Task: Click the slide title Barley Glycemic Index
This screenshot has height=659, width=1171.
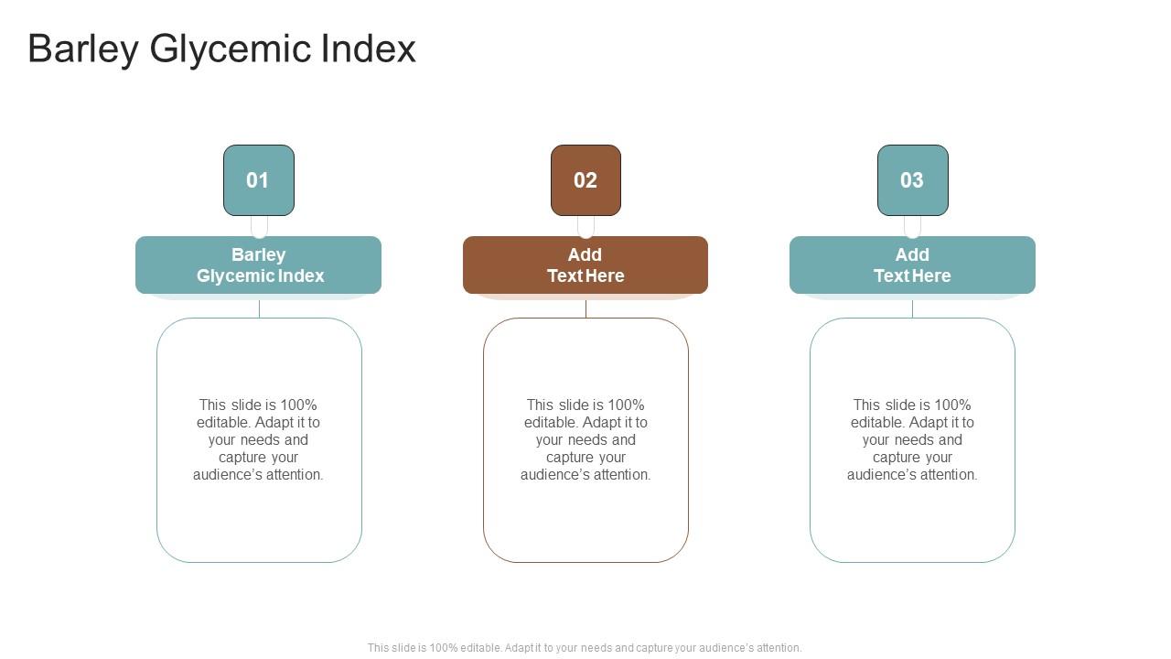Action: click(x=221, y=49)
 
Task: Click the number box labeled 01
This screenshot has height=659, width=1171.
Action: click(x=259, y=180)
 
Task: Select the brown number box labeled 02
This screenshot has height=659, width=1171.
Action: click(x=585, y=180)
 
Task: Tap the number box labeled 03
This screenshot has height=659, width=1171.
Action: click(x=912, y=180)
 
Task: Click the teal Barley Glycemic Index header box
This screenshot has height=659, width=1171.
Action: click(x=259, y=265)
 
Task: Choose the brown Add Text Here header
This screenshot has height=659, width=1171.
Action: click(x=585, y=265)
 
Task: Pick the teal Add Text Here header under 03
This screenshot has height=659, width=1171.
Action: click(x=912, y=265)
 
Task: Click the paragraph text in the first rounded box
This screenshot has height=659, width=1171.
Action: click(x=259, y=439)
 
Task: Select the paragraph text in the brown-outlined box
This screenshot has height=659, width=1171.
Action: click(x=585, y=439)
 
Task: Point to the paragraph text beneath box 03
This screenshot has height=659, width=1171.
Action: click(x=912, y=439)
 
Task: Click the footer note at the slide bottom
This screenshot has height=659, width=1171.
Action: click(x=585, y=647)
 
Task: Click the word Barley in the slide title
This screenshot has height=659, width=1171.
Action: click(x=82, y=49)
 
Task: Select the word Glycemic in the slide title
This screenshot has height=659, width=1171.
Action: click(x=229, y=49)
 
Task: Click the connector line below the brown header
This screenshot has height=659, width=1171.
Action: click(x=585, y=308)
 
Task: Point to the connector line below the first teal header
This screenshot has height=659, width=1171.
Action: click(x=259, y=308)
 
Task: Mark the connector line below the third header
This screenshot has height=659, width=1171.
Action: click(x=912, y=308)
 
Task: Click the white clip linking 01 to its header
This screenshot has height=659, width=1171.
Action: click(x=259, y=226)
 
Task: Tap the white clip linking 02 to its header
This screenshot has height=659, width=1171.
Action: click(x=585, y=226)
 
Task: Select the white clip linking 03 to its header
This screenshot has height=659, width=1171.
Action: click(x=912, y=226)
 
